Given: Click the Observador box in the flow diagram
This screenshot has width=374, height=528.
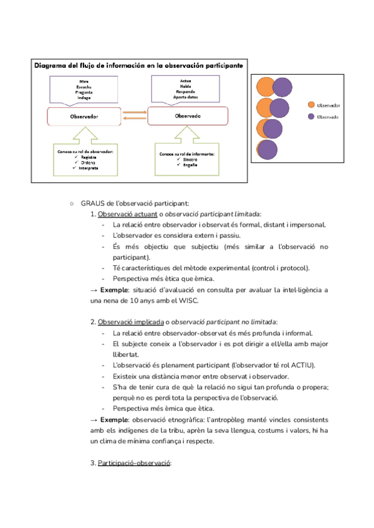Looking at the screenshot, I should click(84, 116).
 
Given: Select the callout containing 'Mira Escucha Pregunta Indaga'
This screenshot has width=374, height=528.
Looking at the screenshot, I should click(84, 89).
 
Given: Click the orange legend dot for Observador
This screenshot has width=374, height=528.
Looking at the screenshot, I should click(310, 106).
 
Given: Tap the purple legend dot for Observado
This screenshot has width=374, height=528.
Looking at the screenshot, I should click(310, 117).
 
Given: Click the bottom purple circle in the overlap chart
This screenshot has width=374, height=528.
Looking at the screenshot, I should click(268, 151).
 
